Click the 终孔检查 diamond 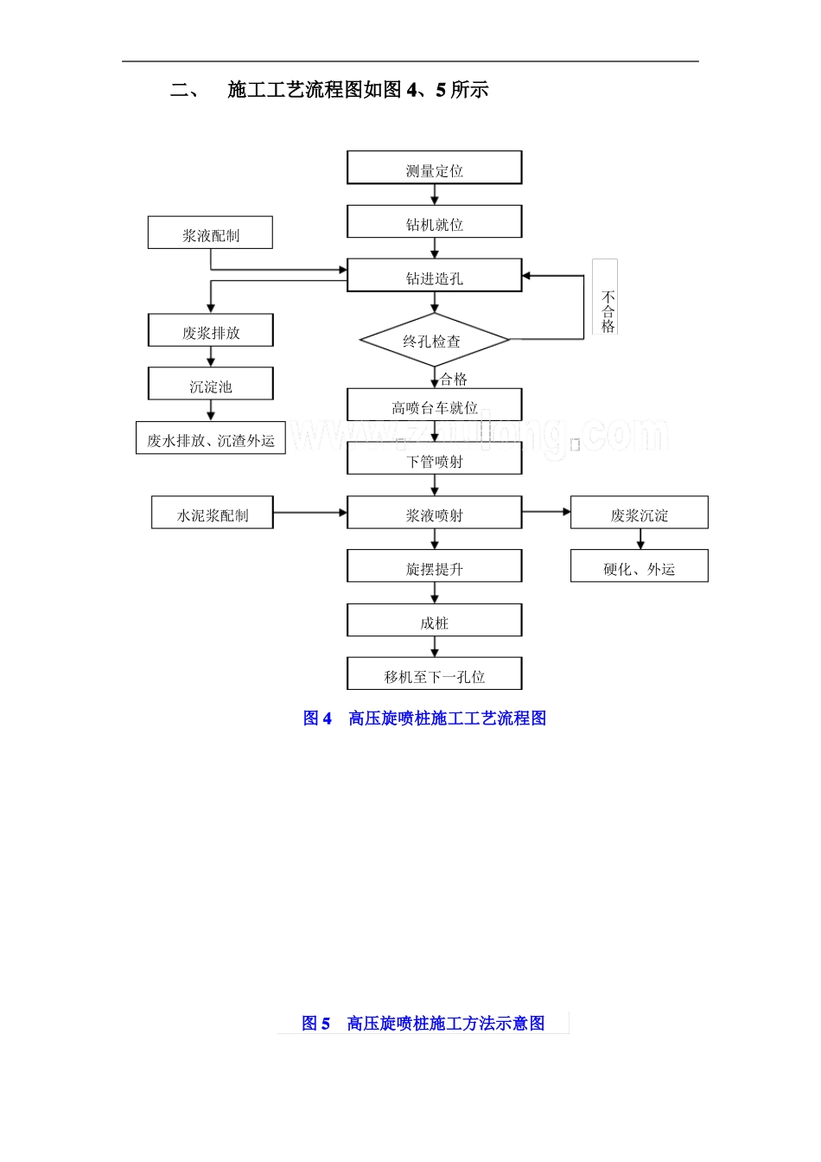click(x=434, y=341)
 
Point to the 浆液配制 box click(x=210, y=233)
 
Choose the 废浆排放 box click(x=210, y=331)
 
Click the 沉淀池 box click(x=210, y=385)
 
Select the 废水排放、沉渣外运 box click(x=210, y=438)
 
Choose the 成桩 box click(x=434, y=621)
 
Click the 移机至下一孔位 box click(x=434, y=674)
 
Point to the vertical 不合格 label click(x=607, y=311)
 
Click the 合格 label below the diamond click(x=454, y=379)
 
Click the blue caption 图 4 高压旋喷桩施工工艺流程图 click(x=424, y=718)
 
